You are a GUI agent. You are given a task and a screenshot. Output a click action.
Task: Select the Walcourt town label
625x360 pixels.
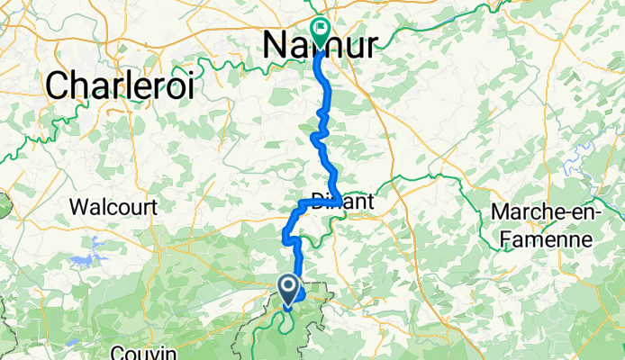(x=113, y=206)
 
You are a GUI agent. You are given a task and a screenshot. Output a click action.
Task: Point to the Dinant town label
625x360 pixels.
(x=341, y=202)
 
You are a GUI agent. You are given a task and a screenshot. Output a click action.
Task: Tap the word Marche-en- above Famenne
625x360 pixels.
(x=548, y=213)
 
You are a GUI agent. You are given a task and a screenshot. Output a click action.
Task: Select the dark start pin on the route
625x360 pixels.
(x=289, y=289)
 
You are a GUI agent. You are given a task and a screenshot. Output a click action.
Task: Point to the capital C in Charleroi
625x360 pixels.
(x=57, y=86)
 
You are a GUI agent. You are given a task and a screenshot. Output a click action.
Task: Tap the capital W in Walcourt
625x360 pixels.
(x=79, y=206)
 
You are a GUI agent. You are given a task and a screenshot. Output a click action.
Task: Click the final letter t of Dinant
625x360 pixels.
(x=369, y=202)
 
